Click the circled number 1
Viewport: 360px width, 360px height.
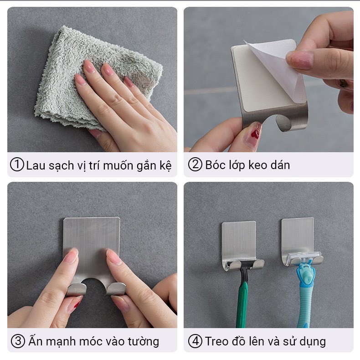17,165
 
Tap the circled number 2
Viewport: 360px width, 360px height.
195,165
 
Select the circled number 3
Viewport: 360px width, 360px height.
18,341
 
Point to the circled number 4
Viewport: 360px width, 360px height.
195,341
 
